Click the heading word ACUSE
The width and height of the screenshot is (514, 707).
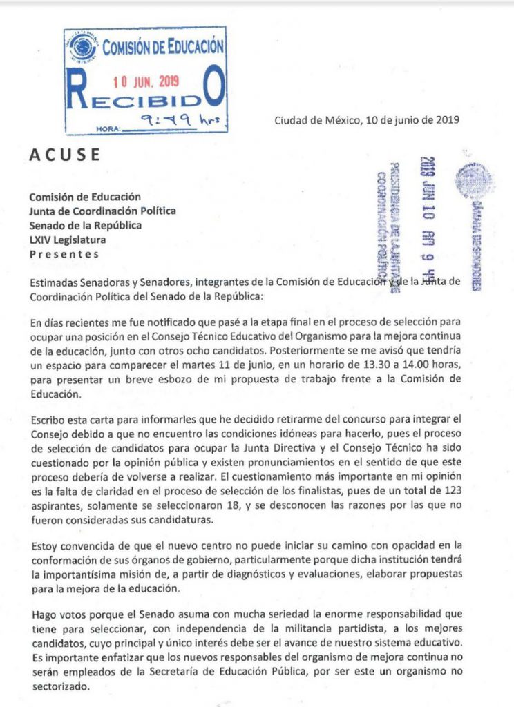click(64, 154)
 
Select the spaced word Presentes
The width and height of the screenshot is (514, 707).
click(64, 253)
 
